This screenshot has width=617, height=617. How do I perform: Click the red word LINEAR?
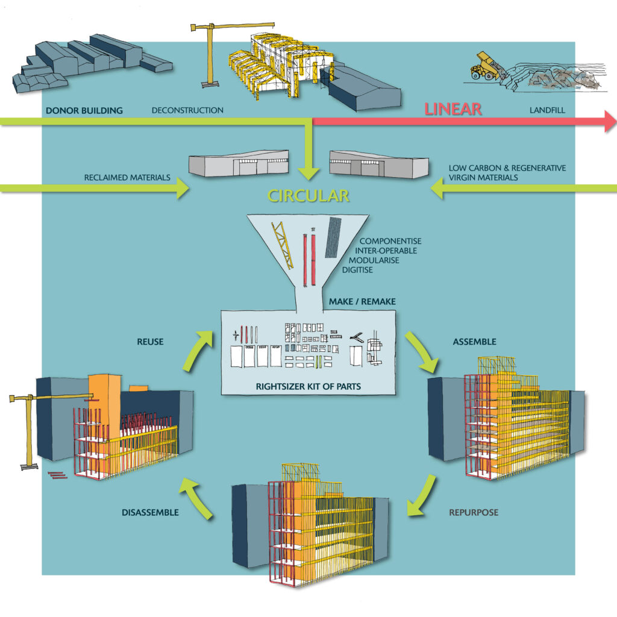point(453,109)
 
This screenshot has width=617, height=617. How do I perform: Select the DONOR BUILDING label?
point(84,110)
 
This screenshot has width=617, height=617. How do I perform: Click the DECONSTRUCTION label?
point(187,110)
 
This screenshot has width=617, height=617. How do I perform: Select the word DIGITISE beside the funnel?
point(357,270)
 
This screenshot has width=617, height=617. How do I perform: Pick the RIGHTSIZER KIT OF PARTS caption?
point(307,386)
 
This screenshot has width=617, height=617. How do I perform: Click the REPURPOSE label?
point(474,513)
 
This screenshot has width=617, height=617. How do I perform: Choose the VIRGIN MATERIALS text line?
point(483,178)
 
